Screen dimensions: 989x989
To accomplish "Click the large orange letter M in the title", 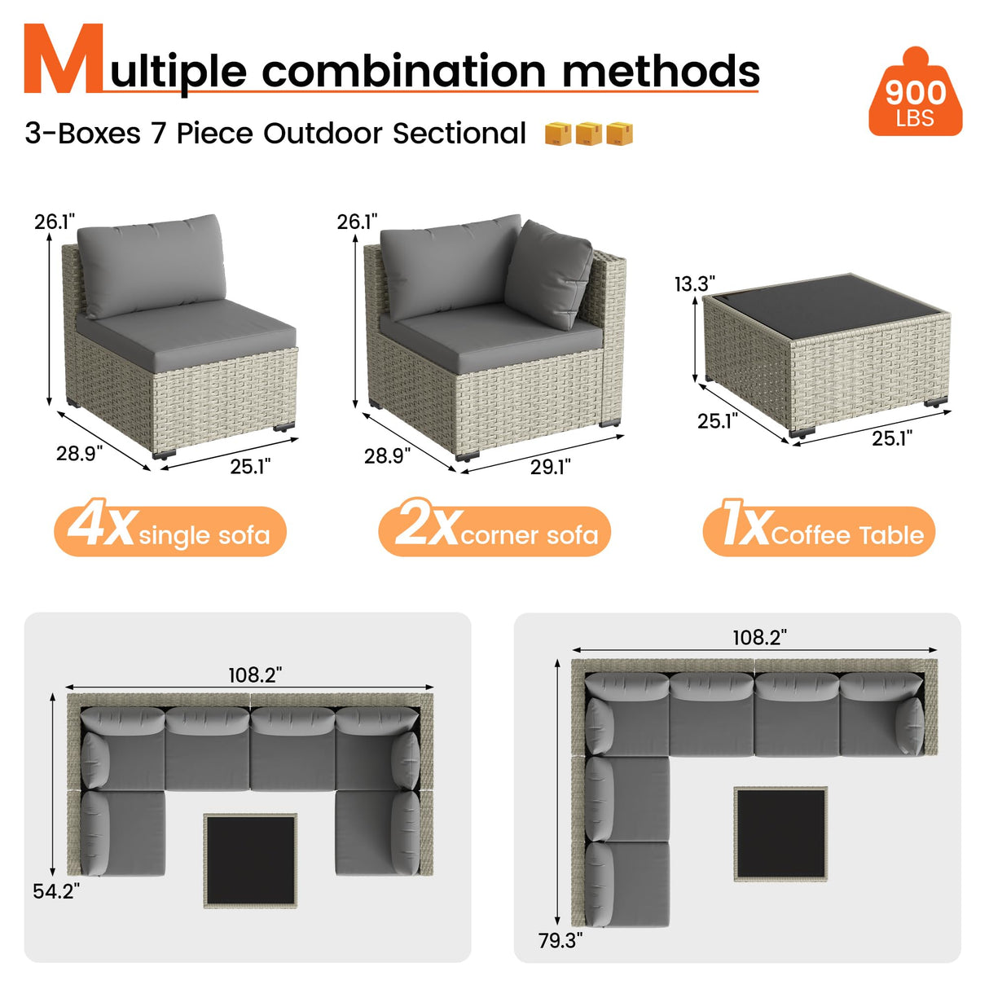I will [x=64, y=60].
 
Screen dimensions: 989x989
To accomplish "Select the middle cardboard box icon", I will [x=589, y=134].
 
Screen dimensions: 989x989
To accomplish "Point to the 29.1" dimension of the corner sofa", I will [x=550, y=467].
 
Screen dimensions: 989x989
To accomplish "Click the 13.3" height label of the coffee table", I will [x=694, y=284].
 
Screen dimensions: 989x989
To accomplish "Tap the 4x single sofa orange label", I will [x=170, y=531].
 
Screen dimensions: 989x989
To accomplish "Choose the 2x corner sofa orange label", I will [x=494, y=531].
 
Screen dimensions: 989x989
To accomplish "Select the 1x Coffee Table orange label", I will [x=819, y=531].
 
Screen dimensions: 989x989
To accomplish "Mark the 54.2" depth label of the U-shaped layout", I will [x=56, y=891].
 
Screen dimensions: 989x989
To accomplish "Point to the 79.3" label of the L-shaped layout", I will [x=560, y=940].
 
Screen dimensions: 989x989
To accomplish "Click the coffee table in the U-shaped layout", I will [x=250, y=859].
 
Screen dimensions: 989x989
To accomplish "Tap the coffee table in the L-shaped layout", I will [x=780, y=833].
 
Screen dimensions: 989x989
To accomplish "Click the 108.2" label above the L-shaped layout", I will [x=758, y=637].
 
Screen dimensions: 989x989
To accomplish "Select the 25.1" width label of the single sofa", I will [x=249, y=466].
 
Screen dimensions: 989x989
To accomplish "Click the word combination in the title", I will [x=403, y=72].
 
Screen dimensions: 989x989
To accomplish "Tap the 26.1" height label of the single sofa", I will [x=55, y=222].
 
